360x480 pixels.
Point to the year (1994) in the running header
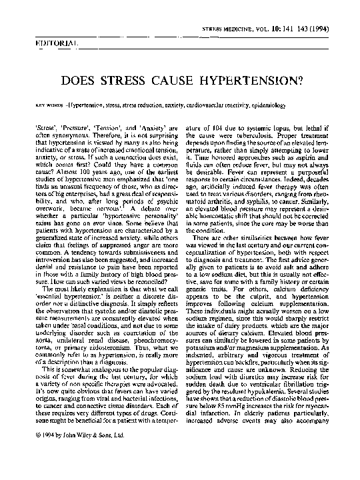tap(336, 31)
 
